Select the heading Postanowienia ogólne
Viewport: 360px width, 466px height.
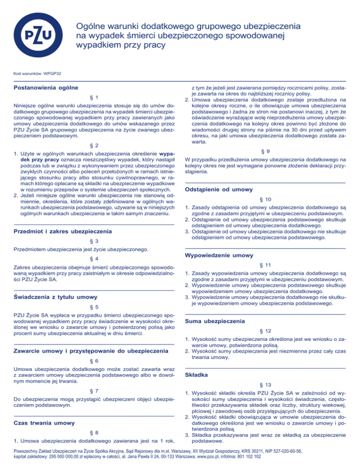(x=45, y=88)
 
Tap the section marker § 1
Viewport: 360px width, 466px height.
(x=94, y=98)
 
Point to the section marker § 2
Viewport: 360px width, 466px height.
(x=94, y=146)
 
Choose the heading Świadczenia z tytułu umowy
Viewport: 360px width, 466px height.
(x=52, y=297)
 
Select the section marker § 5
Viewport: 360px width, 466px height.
(x=94, y=307)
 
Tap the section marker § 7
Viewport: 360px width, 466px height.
(x=94, y=391)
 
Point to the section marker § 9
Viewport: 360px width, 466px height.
(x=265, y=151)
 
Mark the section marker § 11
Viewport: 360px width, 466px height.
(x=265, y=265)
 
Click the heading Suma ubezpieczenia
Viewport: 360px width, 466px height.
(x=215, y=321)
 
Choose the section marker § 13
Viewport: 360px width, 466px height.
(x=265, y=384)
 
